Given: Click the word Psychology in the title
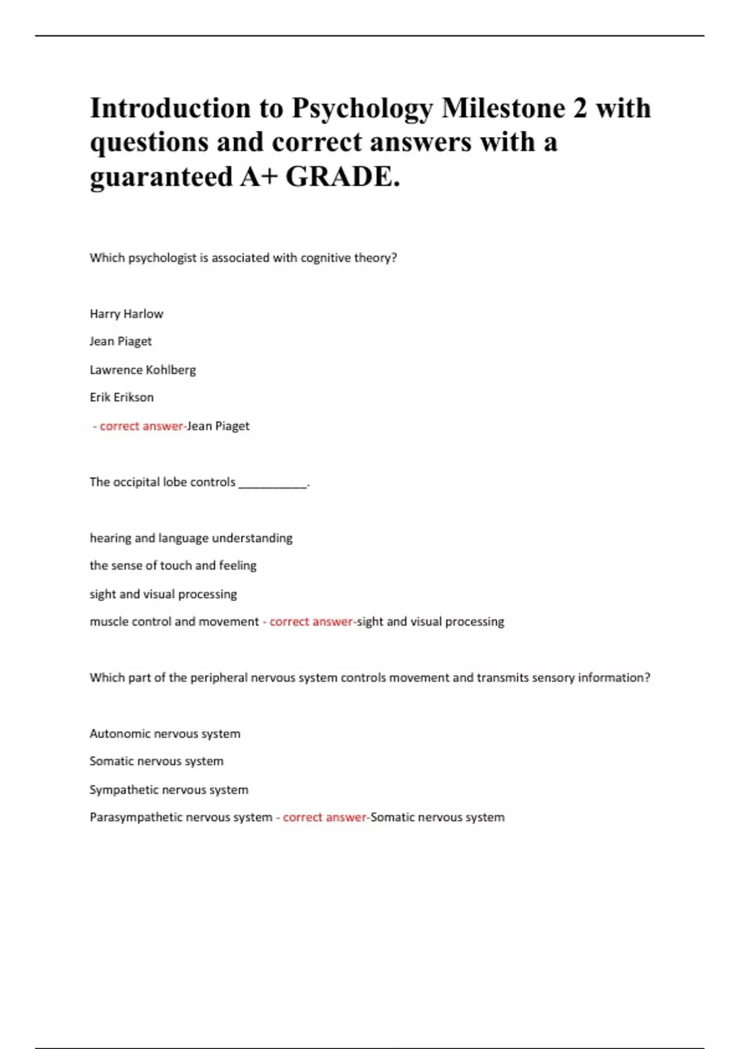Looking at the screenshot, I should pyautogui.click(x=362, y=109).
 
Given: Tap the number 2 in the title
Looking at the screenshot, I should pyautogui.click(x=580, y=108).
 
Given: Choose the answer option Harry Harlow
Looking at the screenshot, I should pyautogui.click(x=126, y=313).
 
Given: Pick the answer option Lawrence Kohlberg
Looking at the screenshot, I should pyautogui.click(x=142, y=370).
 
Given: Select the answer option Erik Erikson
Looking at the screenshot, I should pyautogui.click(x=121, y=397).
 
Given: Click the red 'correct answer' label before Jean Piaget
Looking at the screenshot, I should pyautogui.click(x=141, y=426).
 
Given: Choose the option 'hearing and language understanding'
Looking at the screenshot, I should pyautogui.click(x=191, y=538).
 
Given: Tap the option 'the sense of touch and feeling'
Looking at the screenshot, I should pyautogui.click(x=173, y=565).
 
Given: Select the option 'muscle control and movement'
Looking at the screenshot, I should pyautogui.click(x=174, y=621).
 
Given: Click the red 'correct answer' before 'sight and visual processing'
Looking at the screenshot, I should pyautogui.click(x=311, y=621).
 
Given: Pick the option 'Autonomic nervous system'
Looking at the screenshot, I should pyautogui.click(x=165, y=734).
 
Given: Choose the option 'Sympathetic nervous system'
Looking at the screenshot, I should pyautogui.click(x=168, y=790).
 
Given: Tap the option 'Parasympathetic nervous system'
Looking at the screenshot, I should pyautogui.click(x=181, y=817).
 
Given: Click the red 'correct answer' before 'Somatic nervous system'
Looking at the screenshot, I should pyautogui.click(x=324, y=817).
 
